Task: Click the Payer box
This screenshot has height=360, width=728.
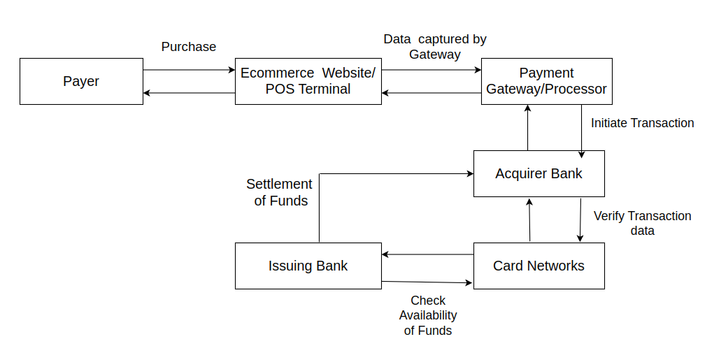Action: pyautogui.click(x=81, y=81)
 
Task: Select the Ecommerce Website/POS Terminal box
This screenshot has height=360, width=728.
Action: pyautogui.click(x=308, y=81)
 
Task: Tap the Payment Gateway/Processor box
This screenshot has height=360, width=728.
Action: pyautogui.click(x=546, y=81)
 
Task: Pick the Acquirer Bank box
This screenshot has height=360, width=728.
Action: pyautogui.click(x=538, y=173)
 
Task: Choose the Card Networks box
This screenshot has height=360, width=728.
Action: pyautogui.click(x=538, y=266)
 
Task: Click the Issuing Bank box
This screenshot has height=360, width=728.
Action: pyautogui.click(x=308, y=266)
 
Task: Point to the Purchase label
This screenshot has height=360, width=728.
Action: pyautogui.click(x=189, y=47)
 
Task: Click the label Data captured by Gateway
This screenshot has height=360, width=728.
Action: pyautogui.click(x=435, y=47)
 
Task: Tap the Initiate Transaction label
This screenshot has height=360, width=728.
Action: pyautogui.click(x=642, y=123)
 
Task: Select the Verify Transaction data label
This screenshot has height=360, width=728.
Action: pyautogui.click(x=642, y=223)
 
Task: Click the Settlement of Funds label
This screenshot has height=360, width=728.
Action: pyautogui.click(x=279, y=192)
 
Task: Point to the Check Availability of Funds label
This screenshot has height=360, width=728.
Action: pyautogui.click(x=428, y=315)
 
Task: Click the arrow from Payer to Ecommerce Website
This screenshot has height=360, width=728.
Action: pyautogui.click(x=189, y=70)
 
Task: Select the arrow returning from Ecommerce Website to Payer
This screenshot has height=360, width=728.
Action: pyautogui.click(x=189, y=93)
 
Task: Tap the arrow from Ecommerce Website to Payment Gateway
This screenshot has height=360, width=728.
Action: pyautogui.click(x=431, y=70)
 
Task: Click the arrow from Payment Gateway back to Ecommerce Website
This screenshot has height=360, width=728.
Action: pyautogui.click(x=431, y=93)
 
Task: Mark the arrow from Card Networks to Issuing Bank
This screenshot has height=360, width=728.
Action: pyautogui.click(x=427, y=255)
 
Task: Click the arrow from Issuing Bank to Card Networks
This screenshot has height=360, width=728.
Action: pyautogui.click(x=427, y=282)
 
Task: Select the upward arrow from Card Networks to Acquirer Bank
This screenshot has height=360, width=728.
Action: pyautogui.click(x=529, y=219)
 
